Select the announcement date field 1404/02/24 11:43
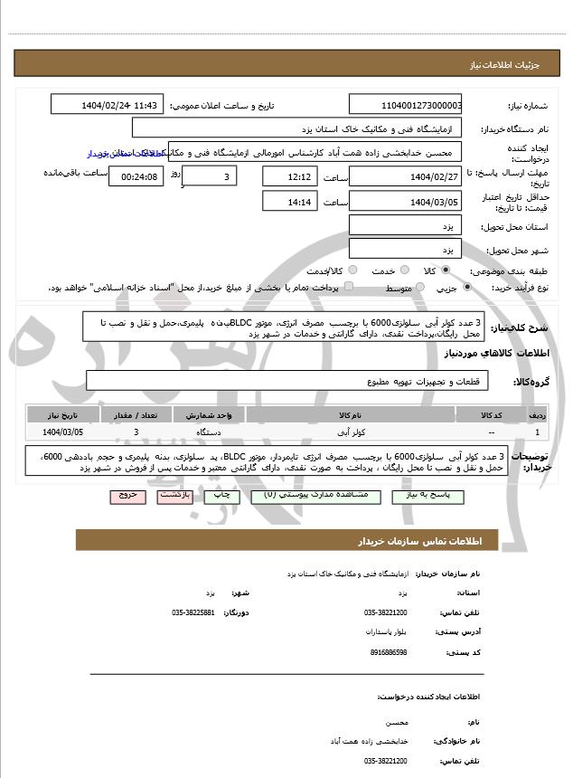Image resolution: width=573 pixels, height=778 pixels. click(x=107, y=105)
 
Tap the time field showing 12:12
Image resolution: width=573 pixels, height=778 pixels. click(x=289, y=176)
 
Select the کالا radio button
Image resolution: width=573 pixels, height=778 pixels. click(x=446, y=270)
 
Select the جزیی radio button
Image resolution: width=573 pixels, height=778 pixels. click(x=467, y=288)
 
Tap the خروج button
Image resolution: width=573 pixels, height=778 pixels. click(x=127, y=497)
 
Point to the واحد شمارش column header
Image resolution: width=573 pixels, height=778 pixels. click(x=211, y=414)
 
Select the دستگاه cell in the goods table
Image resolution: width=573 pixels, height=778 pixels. click(x=210, y=433)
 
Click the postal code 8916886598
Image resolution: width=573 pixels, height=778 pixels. click(x=389, y=651)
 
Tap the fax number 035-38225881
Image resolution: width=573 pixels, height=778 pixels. click(x=193, y=612)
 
